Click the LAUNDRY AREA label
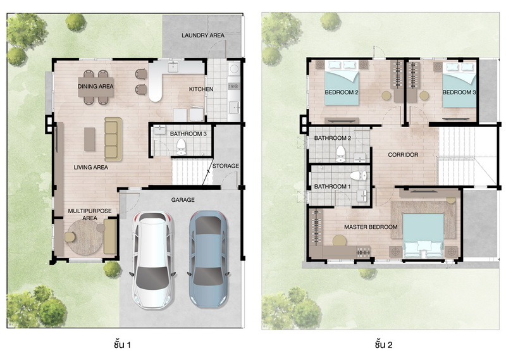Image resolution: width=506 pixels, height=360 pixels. click(x=203, y=35)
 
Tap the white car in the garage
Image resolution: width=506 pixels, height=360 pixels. click(x=154, y=259)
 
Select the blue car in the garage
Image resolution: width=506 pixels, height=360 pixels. click(x=209, y=259)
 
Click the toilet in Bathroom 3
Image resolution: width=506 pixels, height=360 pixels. click(x=181, y=147)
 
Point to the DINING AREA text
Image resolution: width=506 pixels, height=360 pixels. click(x=96, y=86)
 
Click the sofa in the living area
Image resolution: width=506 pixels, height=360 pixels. click(x=113, y=139)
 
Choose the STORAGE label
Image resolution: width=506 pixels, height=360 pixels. click(x=226, y=166)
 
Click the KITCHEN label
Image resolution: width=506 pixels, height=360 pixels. click(x=201, y=89)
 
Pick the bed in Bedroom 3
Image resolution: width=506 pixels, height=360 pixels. click(x=459, y=85)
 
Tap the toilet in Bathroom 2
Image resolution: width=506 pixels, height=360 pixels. click(x=340, y=154)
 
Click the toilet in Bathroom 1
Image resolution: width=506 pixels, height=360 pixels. click(x=358, y=176)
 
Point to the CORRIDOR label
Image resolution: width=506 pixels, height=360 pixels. click(x=403, y=155)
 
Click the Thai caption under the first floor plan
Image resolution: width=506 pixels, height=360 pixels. click(x=122, y=345)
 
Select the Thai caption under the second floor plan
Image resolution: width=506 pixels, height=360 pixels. click(x=384, y=345)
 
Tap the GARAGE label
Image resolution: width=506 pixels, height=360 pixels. click(x=183, y=200)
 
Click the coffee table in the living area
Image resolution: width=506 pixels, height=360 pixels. click(x=90, y=139)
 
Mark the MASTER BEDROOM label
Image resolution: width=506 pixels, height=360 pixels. click(x=371, y=227)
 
